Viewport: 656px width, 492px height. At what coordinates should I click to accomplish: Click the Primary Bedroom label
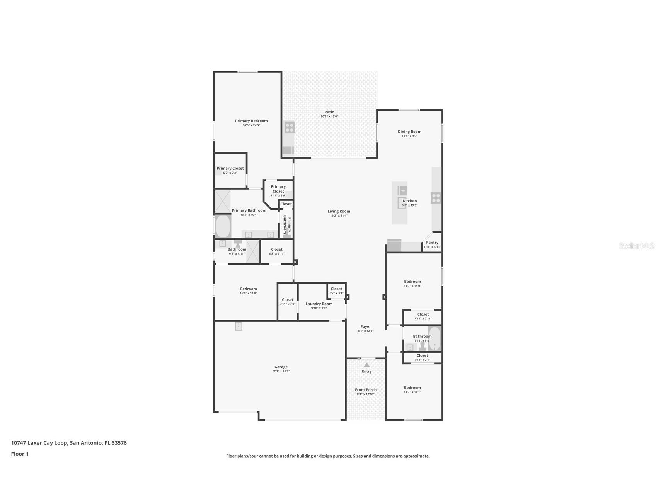(251, 121)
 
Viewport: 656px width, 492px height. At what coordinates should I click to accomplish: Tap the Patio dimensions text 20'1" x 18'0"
(329, 116)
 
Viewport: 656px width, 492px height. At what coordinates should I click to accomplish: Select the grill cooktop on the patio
(290, 127)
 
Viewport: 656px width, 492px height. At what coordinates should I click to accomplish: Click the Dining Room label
(409, 132)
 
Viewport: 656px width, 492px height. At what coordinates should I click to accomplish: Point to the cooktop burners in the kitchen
(436, 198)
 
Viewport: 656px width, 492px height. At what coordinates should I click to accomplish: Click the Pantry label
(432, 243)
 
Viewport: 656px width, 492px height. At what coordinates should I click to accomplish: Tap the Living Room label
(339, 211)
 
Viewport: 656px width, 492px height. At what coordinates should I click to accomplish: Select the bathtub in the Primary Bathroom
(223, 226)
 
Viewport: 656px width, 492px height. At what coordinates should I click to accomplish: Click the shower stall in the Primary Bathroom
(222, 201)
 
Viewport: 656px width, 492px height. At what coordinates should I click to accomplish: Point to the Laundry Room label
(319, 304)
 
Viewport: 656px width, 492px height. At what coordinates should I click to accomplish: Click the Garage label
(281, 367)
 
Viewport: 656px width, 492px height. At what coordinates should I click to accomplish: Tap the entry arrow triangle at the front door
(366, 365)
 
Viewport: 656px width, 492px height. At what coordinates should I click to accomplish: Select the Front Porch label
(366, 390)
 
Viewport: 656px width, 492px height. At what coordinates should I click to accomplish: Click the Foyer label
(366, 326)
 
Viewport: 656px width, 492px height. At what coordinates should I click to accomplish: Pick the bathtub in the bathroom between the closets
(434, 338)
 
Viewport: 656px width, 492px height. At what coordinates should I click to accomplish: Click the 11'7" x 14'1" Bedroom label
(412, 388)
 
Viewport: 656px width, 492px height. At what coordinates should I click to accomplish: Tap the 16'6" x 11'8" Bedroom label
(248, 289)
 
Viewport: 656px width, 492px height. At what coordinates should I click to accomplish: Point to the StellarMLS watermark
(636, 246)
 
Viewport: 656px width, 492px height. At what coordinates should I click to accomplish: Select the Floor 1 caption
(20, 454)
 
